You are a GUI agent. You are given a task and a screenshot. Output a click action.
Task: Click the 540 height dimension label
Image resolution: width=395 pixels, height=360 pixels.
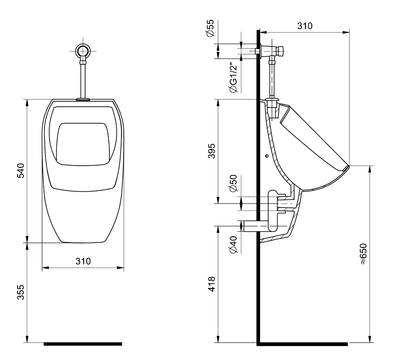click(x=21, y=171)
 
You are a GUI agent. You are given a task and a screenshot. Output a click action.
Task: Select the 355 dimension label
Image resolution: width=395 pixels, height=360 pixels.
click(x=21, y=293)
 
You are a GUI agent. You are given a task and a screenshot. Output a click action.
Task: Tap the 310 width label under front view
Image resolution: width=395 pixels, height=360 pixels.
click(x=83, y=261)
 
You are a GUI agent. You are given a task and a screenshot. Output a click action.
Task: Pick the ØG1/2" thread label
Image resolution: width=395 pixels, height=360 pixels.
click(x=233, y=77)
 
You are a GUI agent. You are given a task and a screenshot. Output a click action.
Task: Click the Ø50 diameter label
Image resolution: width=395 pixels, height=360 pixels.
click(x=233, y=183)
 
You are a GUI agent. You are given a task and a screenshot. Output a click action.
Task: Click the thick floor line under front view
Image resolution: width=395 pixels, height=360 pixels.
click(x=83, y=344)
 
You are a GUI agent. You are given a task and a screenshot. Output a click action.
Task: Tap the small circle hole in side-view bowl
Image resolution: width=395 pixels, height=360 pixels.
click(x=267, y=157)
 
